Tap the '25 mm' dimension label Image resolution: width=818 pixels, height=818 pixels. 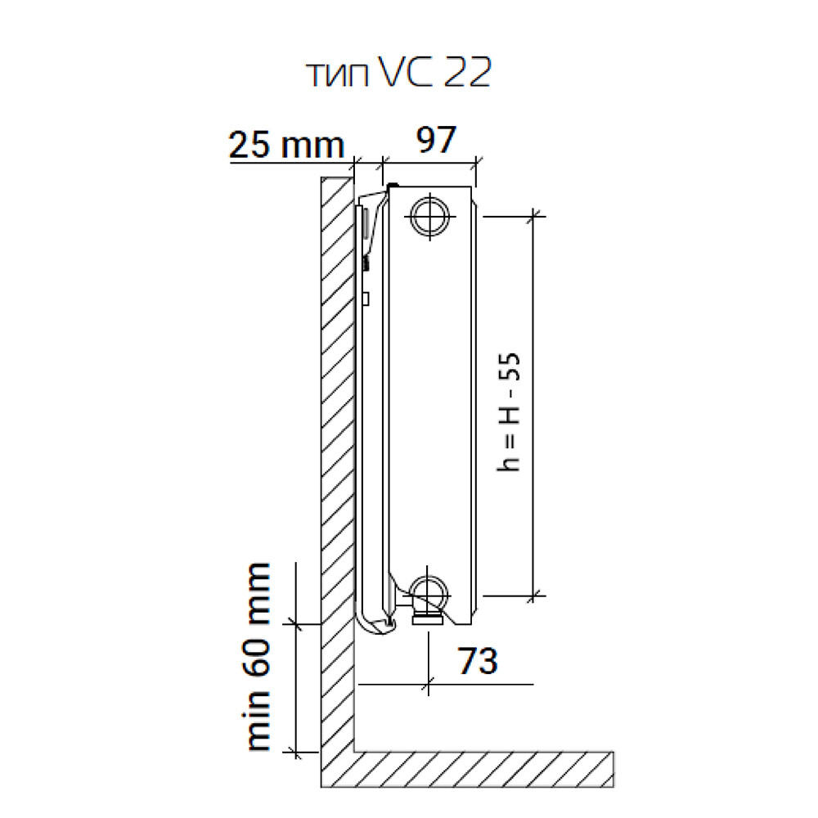pos(286,145)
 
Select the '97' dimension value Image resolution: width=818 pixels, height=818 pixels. pos(436,139)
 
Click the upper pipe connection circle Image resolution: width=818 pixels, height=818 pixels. pos(430,216)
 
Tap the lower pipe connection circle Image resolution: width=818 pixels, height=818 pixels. pos(429,594)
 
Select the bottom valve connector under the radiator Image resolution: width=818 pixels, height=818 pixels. pos(428,619)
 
